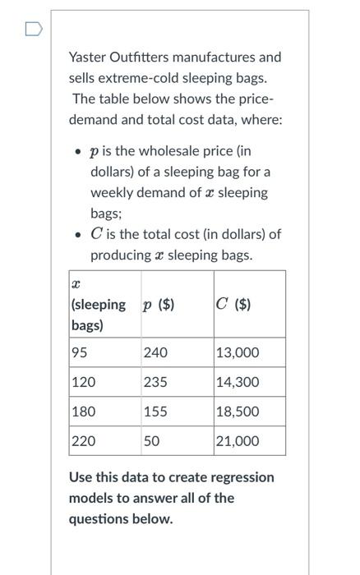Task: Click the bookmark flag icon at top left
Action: click(x=32, y=30)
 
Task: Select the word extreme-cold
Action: click(x=141, y=78)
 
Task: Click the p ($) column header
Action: click(x=159, y=305)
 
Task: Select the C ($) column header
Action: click(x=234, y=305)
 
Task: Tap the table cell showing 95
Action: click(x=81, y=353)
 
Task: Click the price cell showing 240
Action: click(x=155, y=353)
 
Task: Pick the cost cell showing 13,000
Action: click(x=238, y=353)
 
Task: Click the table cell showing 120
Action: click(x=83, y=383)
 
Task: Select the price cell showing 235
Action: click(x=155, y=383)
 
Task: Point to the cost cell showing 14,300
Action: click(x=238, y=383)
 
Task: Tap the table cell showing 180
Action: click(x=83, y=412)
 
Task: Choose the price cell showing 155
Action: click(x=155, y=412)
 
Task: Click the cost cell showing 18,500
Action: click(x=238, y=412)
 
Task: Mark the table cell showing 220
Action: click(x=83, y=441)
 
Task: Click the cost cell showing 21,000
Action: click(x=238, y=441)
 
